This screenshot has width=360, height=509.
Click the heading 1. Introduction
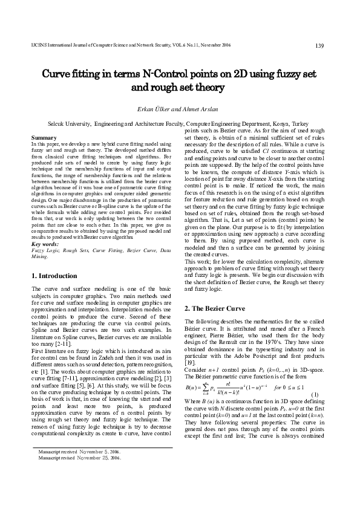54,276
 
